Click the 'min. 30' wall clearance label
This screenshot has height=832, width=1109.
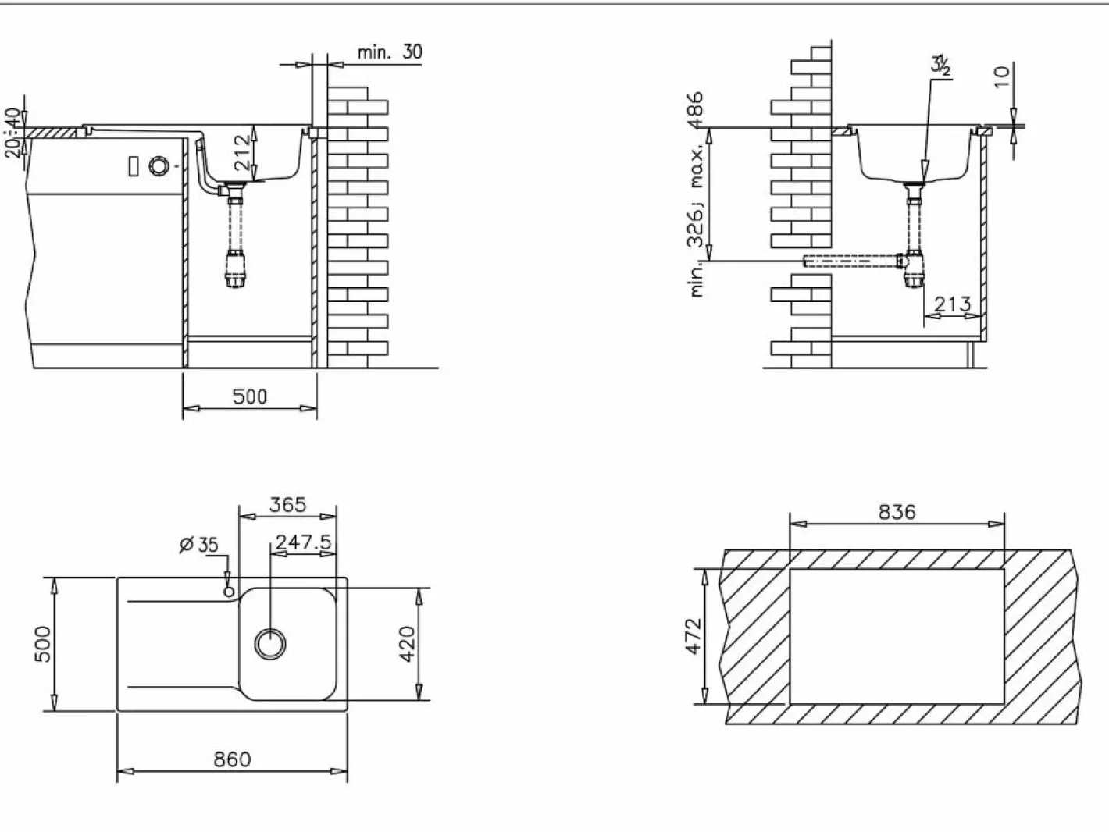coord(390,52)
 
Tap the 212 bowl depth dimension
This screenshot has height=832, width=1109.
coord(243,152)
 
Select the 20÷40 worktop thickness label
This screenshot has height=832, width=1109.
coord(13,133)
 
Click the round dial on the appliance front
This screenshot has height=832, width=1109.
coord(158,166)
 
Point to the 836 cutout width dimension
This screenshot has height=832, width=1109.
coord(897,513)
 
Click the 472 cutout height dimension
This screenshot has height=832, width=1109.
coord(694,636)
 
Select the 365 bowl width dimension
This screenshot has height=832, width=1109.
coord(287,505)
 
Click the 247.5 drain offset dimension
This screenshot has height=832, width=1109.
coord(303,542)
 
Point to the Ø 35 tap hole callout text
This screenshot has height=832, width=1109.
coord(199,546)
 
